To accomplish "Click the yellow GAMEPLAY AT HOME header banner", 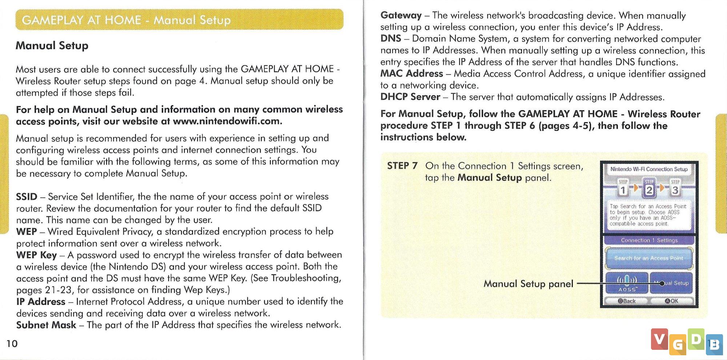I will coord(179,20).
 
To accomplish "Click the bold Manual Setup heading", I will coord(52,46).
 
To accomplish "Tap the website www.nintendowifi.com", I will coord(227,121).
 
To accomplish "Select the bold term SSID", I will coord(27,197).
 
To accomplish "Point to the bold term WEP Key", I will coord(36,255).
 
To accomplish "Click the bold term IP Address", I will coord(41,302).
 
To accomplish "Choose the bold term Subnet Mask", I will coord(46,325).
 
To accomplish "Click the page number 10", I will coord(12,344).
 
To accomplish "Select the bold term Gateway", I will coord(401,15).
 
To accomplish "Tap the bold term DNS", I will coord(391,39).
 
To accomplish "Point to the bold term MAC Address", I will coord(411,73).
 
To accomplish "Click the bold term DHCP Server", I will coord(410,97).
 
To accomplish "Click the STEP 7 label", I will coord(402,166).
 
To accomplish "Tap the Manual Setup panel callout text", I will coord(528,284).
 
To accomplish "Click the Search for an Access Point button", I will coord(649,258).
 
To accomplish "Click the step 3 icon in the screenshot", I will coord(675,188).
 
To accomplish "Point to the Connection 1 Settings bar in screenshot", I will coord(649,240).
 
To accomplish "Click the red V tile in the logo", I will coord(659,339).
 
